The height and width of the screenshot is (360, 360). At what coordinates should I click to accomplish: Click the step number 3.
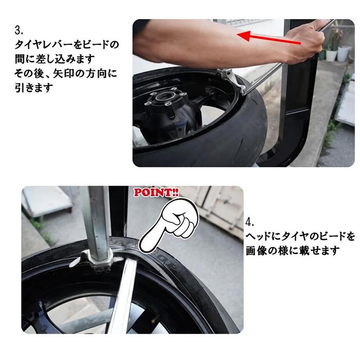click(x=19, y=30)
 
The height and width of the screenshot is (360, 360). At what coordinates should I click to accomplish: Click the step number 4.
click(x=250, y=222)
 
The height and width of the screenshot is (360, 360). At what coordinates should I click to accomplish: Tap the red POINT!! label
click(x=156, y=192)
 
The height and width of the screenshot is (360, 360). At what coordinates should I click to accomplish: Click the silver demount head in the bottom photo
click(x=97, y=261)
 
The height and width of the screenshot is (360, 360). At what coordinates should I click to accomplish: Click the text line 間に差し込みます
click(x=55, y=59)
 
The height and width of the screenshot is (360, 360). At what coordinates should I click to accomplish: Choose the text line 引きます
click(x=34, y=88)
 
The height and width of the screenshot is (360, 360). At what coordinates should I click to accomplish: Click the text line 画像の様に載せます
click(x=293, y=251)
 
